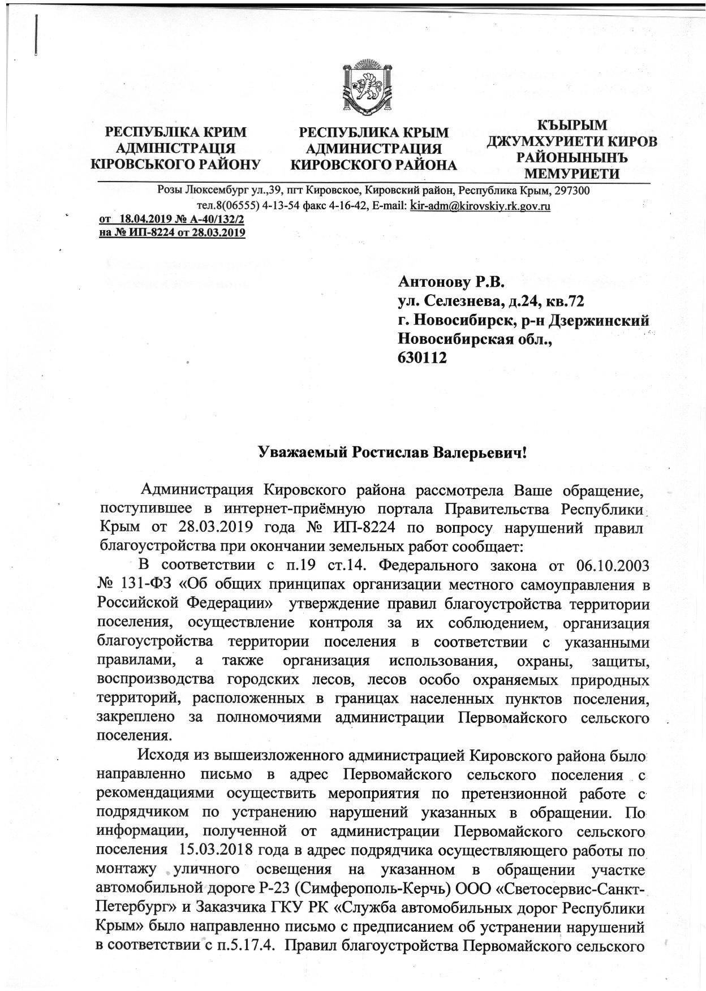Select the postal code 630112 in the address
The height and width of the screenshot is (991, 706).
tap(423, 357)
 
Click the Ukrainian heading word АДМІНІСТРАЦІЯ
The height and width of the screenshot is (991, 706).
tap(175, 149)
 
